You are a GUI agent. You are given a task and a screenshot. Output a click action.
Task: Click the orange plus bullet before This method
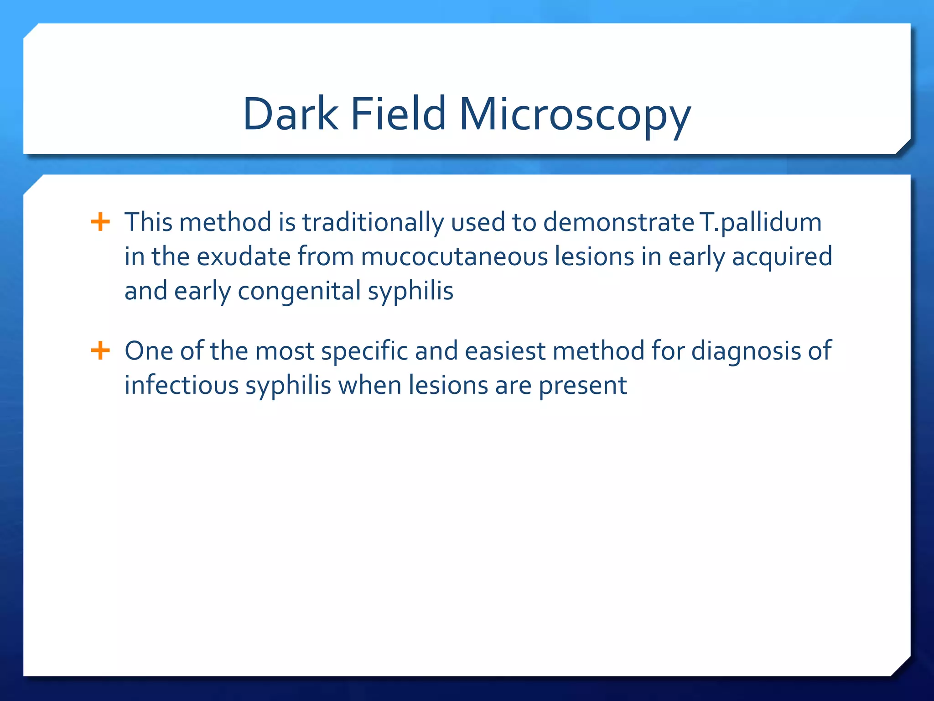[100, 222]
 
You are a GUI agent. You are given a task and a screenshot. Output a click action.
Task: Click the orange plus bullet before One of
[100, 351]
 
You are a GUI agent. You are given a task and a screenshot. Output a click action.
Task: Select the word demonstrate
[618, 222]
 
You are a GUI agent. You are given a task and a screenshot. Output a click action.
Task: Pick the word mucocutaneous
[454, 256]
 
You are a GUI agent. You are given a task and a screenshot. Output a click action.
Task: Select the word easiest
[504, 351]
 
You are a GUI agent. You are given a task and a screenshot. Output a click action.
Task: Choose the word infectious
[182, 386]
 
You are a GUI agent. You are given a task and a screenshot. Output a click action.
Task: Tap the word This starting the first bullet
[149, 222]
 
